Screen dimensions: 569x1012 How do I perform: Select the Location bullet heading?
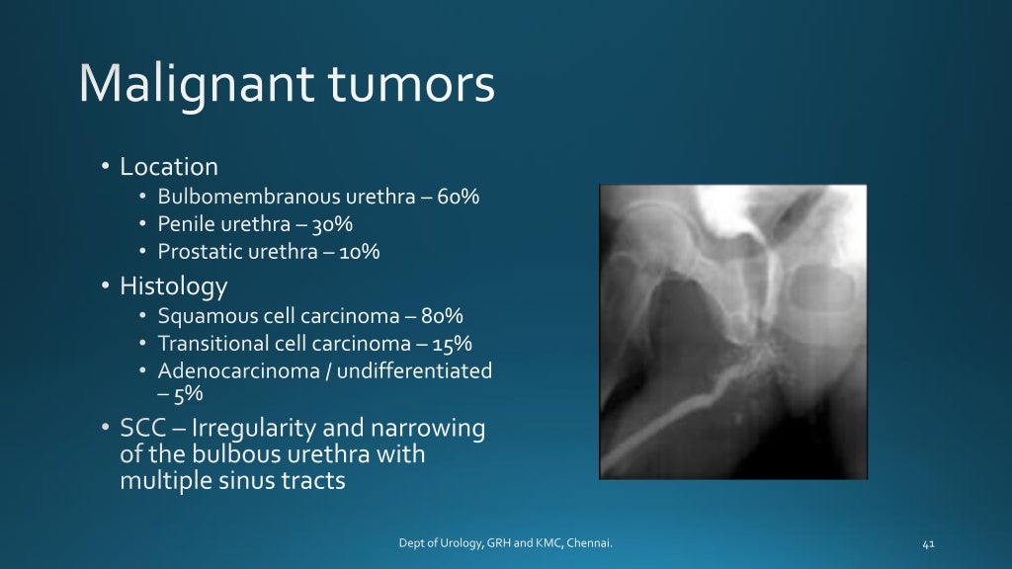(169, 167)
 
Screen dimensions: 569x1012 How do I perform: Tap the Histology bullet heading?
(173, 286)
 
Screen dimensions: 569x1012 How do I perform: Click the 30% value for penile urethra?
(333, 224)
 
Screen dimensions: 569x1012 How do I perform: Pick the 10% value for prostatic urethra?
(360, 252)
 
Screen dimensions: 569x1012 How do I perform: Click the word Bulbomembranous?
(237, 197)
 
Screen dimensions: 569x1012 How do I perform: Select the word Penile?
(183, 224)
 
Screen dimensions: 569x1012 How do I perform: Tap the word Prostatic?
(196, 252)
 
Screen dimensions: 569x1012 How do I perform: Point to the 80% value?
(443, 317)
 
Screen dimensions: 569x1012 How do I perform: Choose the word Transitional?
(211, 344)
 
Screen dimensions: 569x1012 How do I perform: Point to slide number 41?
(927, 542)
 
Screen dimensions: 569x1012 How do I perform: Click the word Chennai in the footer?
(595, 542)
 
